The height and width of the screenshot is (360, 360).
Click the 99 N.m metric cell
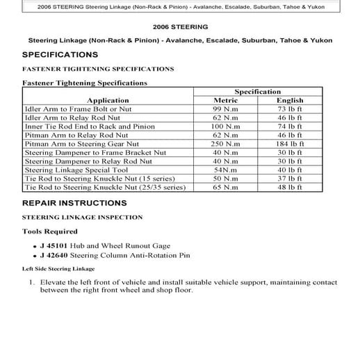227,110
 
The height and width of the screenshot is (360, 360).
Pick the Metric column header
226,101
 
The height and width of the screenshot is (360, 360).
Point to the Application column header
108,101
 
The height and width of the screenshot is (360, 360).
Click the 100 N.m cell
227,126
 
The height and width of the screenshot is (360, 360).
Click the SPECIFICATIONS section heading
60,54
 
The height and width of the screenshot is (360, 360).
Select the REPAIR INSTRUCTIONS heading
74,204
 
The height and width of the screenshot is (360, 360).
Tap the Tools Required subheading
51,231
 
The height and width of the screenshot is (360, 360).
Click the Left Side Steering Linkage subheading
58,268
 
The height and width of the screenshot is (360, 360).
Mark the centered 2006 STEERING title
179,26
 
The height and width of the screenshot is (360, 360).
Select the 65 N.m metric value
227,187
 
